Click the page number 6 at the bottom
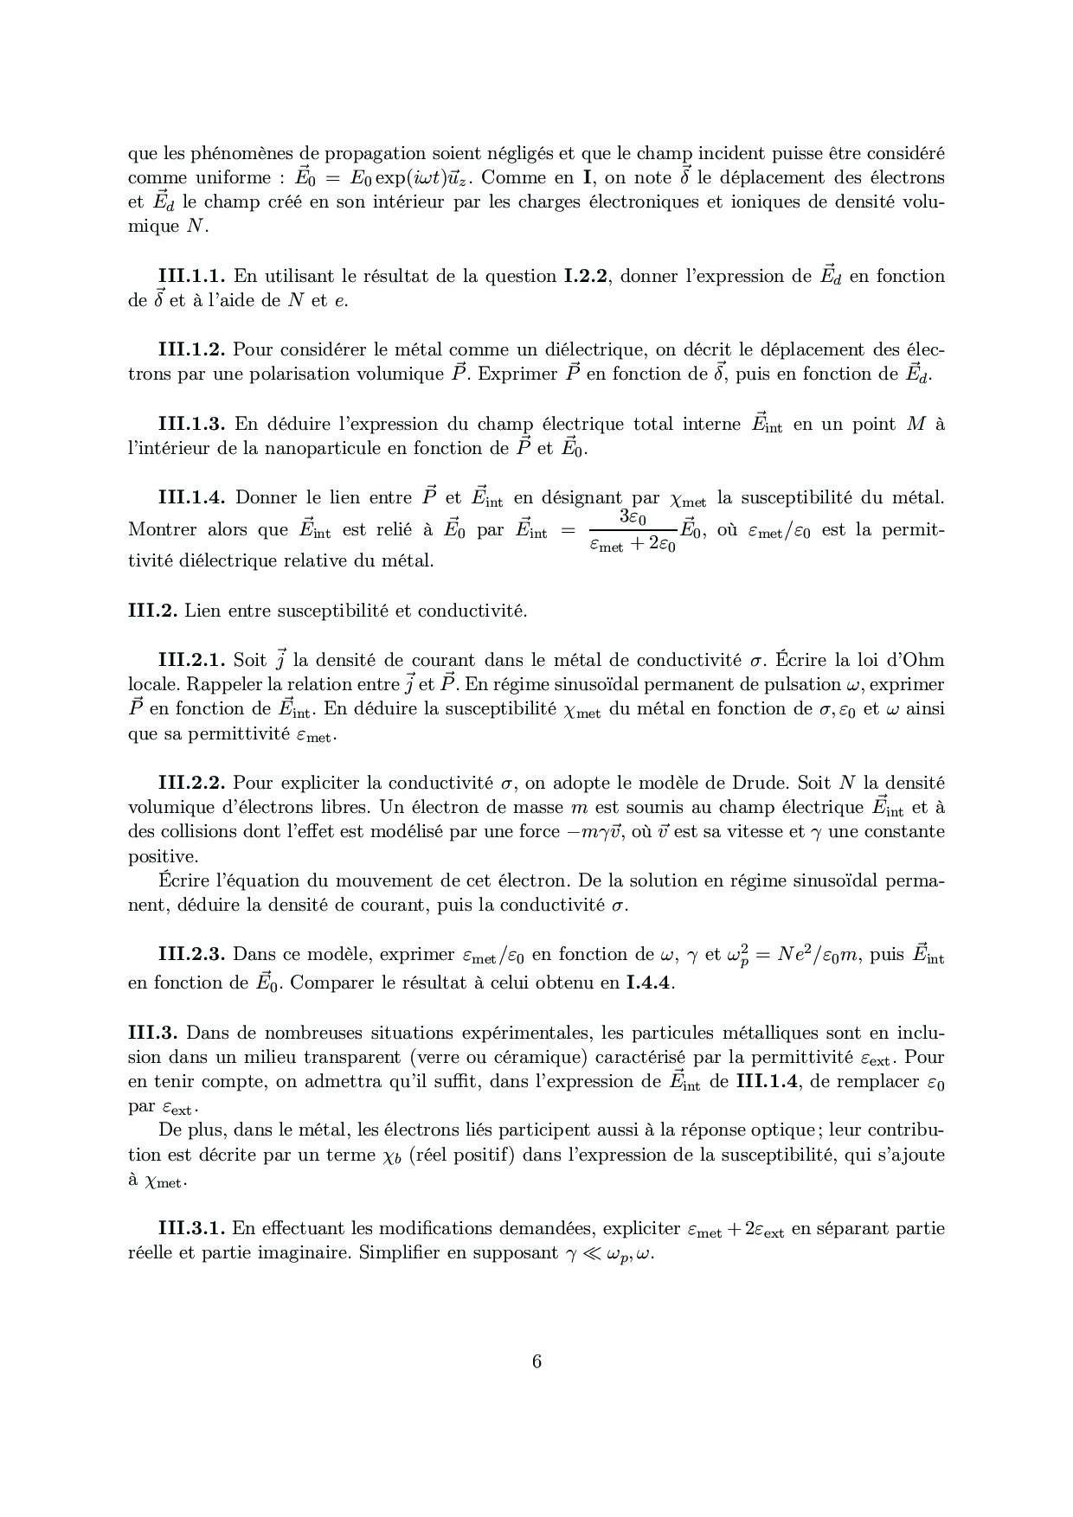pos(536,1362)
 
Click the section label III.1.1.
pos(191,277)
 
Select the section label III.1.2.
pos(191,350)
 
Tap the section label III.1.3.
pos(191,424)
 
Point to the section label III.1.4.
pos(191,498)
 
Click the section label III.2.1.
pos(191,661)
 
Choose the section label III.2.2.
pos(191,784)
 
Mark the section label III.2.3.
pos(191,955)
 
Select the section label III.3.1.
pos(191,1229)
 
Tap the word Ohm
pos(923,661)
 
